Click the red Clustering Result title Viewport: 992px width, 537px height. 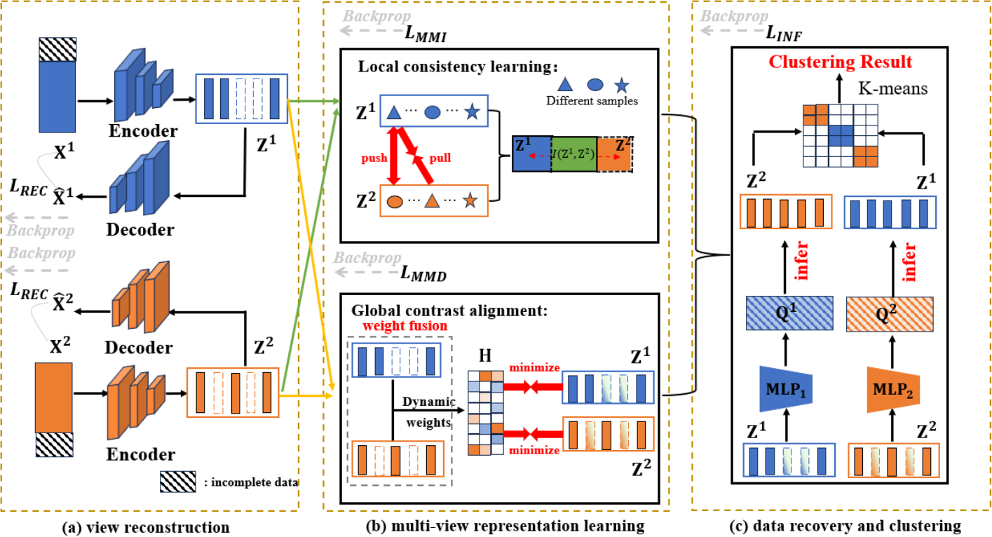840,62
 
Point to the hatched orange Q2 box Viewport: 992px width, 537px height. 892,308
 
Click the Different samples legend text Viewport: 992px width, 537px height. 592,101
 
